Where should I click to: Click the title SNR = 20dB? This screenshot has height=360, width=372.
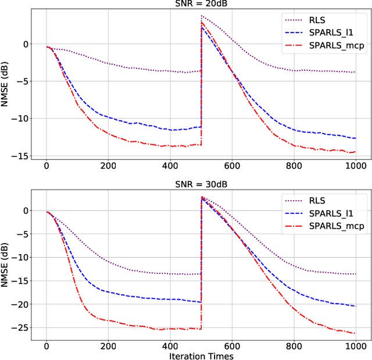click(201, 4)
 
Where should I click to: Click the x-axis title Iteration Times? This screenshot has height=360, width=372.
click(201, 354)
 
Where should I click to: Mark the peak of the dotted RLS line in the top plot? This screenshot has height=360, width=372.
click(202, 16)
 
